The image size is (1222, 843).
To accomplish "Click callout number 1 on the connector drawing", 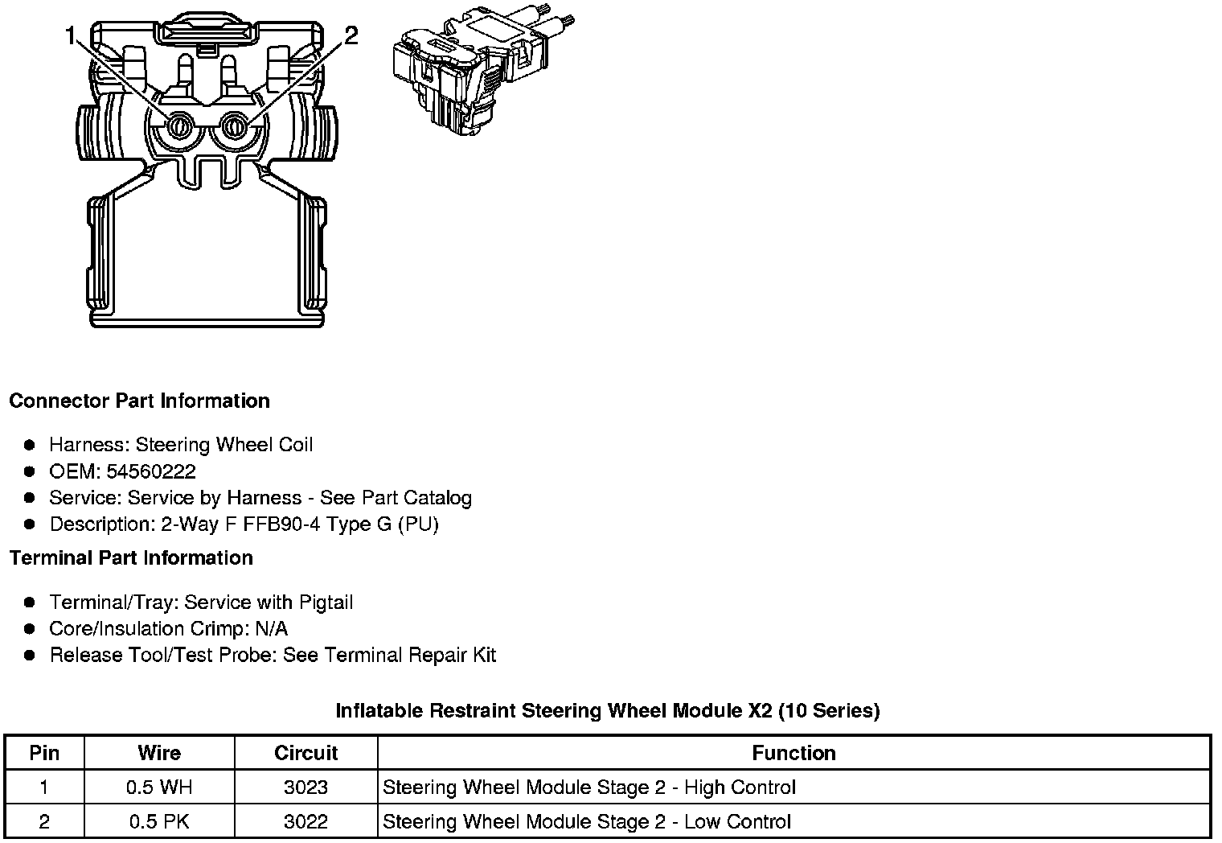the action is pyautogui.click(x=72, y=37).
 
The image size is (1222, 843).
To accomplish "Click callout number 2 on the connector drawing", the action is pyautogui.click(x=351, y=36).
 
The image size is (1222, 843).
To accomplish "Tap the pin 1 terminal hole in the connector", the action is pyautogui.click(x=178, y=125).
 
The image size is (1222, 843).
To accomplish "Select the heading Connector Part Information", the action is pyautogui.click(x=139, y=401).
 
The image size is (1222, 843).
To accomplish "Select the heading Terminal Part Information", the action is pyautogui.click(x=131, y=557).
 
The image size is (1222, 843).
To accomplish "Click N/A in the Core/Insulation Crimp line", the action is pyautogui.click(x=271, y=629).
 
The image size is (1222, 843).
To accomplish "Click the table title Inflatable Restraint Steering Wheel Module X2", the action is pyautogui.click(x=607, y=710).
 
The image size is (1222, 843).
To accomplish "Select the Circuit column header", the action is pyautogui.click(x=305, y=753).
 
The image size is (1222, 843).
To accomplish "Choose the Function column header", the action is pyautogui.click(x=793, y=753).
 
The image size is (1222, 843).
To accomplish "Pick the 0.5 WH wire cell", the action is pyautogui.click(x=159, y=787).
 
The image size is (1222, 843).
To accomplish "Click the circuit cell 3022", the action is pyautogui.click(x=305, y=821).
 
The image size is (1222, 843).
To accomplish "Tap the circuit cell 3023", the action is pyautogui.click(x=305, y=787).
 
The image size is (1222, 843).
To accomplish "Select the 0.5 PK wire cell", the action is pyautogui.click(x=159, y=821).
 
